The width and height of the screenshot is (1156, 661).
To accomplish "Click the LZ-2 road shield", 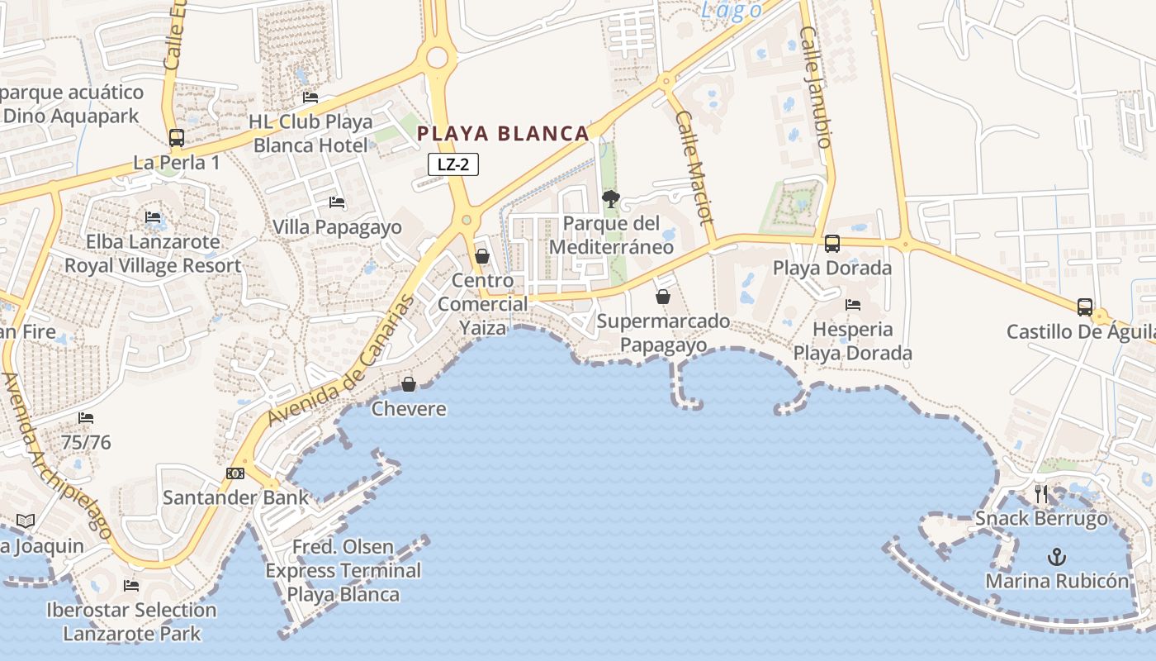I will tap(453, 164).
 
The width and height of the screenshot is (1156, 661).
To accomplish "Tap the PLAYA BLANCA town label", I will tap(503, 133).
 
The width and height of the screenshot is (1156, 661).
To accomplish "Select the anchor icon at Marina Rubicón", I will tap(1057, 557).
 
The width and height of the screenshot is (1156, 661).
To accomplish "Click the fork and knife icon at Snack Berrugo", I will tap(1041, 494).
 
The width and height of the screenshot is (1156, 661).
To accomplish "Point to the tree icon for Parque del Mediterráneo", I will tap(611, 198).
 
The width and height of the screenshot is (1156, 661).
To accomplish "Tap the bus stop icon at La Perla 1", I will tap(176, 138).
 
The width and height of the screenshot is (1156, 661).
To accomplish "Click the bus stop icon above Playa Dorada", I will tap(831, 244).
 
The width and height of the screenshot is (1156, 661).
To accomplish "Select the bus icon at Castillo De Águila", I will tap(1085, 307).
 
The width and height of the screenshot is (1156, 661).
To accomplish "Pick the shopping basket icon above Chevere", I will tap(408, 384).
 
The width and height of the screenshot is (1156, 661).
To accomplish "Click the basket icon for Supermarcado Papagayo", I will tap(662, 296).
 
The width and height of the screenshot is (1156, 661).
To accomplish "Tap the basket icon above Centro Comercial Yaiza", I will tap(482, 256).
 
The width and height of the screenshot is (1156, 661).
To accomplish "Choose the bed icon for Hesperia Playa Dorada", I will tap(853, 305).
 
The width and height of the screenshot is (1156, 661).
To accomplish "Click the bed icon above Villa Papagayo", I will tap(337, 202).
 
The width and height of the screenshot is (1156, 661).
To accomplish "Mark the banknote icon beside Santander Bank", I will tap(235, 473).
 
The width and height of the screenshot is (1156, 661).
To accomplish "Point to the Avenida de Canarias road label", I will tap(341, 364).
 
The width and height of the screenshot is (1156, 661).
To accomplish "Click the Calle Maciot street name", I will tap(694, 169).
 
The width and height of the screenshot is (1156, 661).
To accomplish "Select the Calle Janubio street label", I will tap(815, 87).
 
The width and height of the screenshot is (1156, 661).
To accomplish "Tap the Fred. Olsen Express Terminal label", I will tap(343, 570).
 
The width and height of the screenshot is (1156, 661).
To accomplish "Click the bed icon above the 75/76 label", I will tap(86, 418).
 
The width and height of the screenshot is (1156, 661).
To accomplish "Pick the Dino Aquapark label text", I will tap(71, 116).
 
